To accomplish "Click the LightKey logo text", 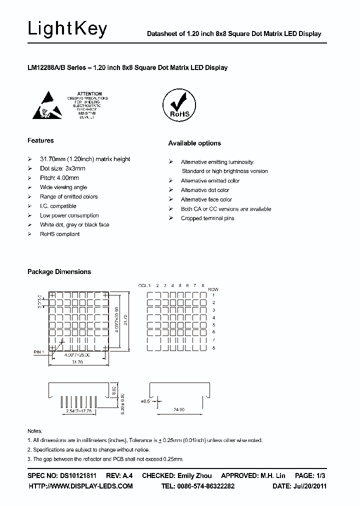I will [x=67, y=29].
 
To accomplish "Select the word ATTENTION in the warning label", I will [x=90, y=93].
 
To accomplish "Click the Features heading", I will [x=40, y=140].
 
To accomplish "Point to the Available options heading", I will [x=194, y=143].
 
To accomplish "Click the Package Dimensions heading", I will [x=59, y=271].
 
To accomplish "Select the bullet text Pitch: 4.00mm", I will [x=59, y=177].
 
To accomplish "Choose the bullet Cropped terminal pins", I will [x=207, y=218].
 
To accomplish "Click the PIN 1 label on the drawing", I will [x=39, y=352].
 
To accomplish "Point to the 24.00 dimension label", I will [x=179, y=409].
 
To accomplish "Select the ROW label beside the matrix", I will [x=213, y=289].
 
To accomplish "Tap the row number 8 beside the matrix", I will [x=213, y=347].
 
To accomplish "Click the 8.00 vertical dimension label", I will [x=114, y=388].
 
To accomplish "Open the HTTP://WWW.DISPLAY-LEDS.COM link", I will [x=80, y=485].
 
